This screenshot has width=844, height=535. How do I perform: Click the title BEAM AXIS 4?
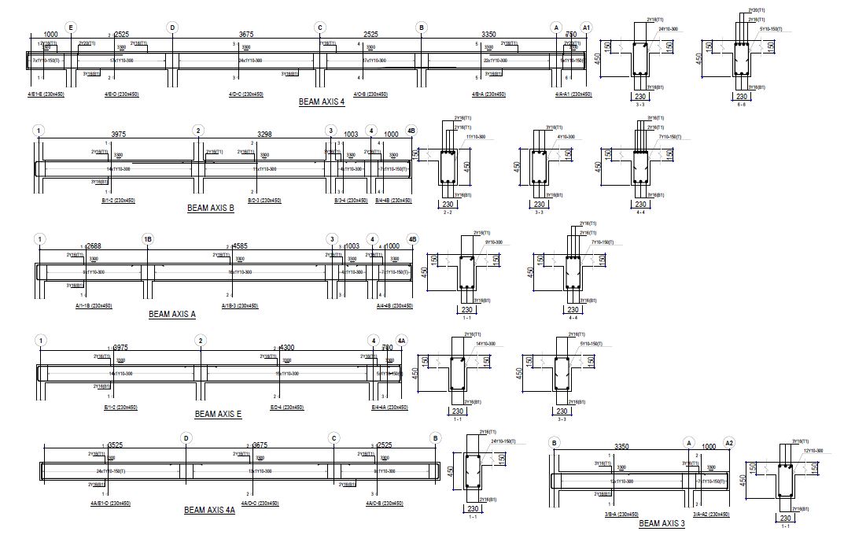pos(322,101)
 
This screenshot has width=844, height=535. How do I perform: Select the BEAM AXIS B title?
pos(210,208)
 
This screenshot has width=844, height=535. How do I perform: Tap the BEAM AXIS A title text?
pos(172,314)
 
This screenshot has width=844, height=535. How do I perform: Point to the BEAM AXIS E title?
pos(218,413)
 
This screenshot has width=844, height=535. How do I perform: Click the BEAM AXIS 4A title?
pos(209,510)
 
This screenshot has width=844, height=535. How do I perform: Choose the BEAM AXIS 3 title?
pos(662,523)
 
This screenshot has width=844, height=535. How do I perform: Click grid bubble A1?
pos(585,28)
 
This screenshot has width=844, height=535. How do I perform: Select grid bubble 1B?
pos(147,239)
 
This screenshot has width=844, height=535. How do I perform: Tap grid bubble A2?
pos(729,443)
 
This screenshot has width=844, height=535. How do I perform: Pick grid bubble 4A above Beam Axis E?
pos(401,340)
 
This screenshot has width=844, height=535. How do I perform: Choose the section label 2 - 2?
pos(447,212)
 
